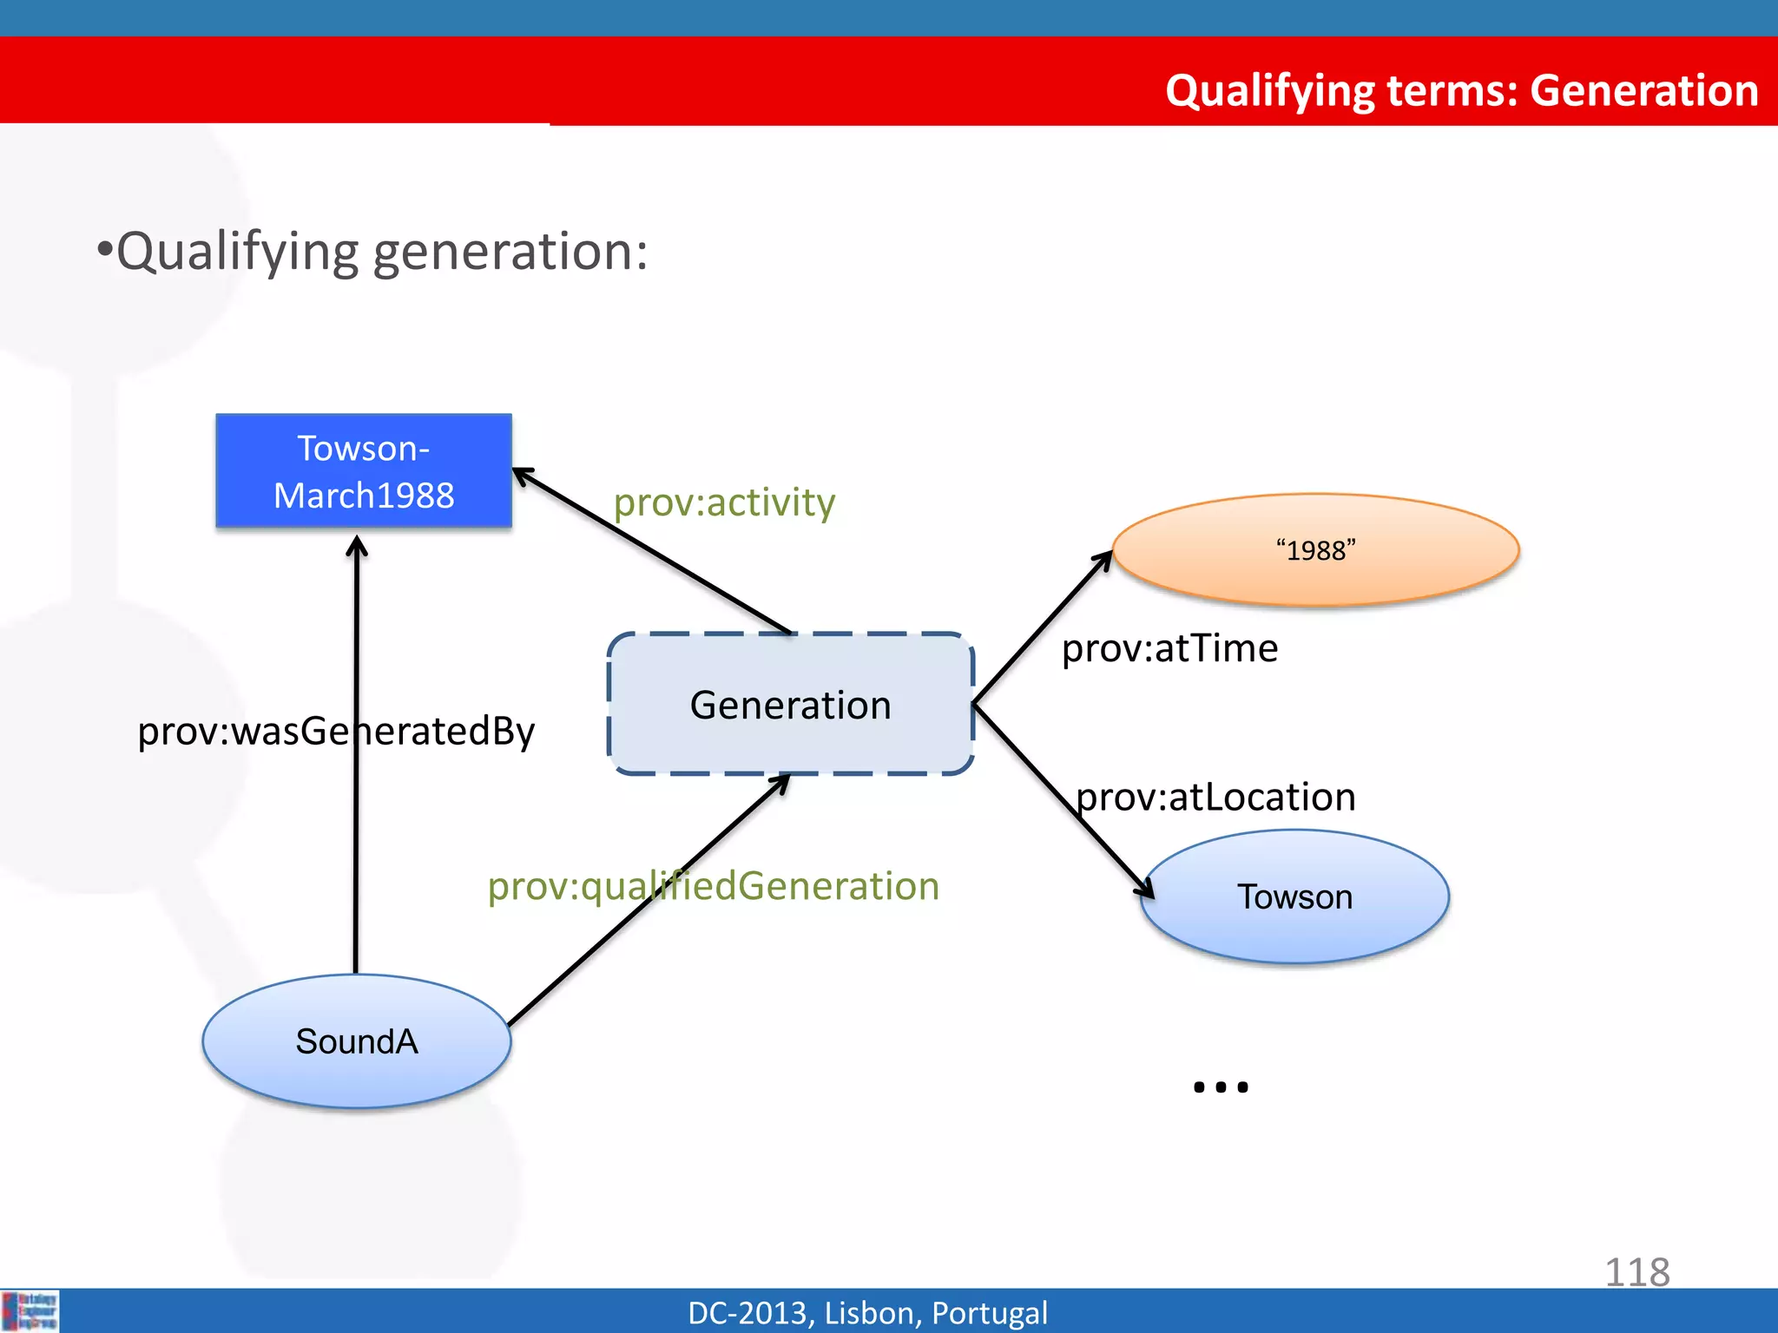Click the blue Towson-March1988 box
click(x=363, y=471)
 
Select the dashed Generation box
click(x=790, y=704)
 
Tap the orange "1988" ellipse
click(x=1315, y=550)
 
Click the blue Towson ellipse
click(x=1294, y=896)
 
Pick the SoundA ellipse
click(x=356, y=1041)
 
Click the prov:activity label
click(x=724, y=502)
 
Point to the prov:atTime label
click(x=1169, y=648)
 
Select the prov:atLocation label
click(x=1215, y=797)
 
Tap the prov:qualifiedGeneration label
click(x=713, y=886)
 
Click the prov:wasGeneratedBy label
click(x=336, y=731)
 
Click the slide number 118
click(x=1636, y=1272)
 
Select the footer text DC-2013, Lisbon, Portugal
click(x=867, y=1312)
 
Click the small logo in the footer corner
click(x=30, y=1310)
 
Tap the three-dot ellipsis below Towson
click(x=1221, y=1087)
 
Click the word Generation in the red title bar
click(x=1643, y=90)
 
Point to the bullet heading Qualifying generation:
click(x=373, y=252)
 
